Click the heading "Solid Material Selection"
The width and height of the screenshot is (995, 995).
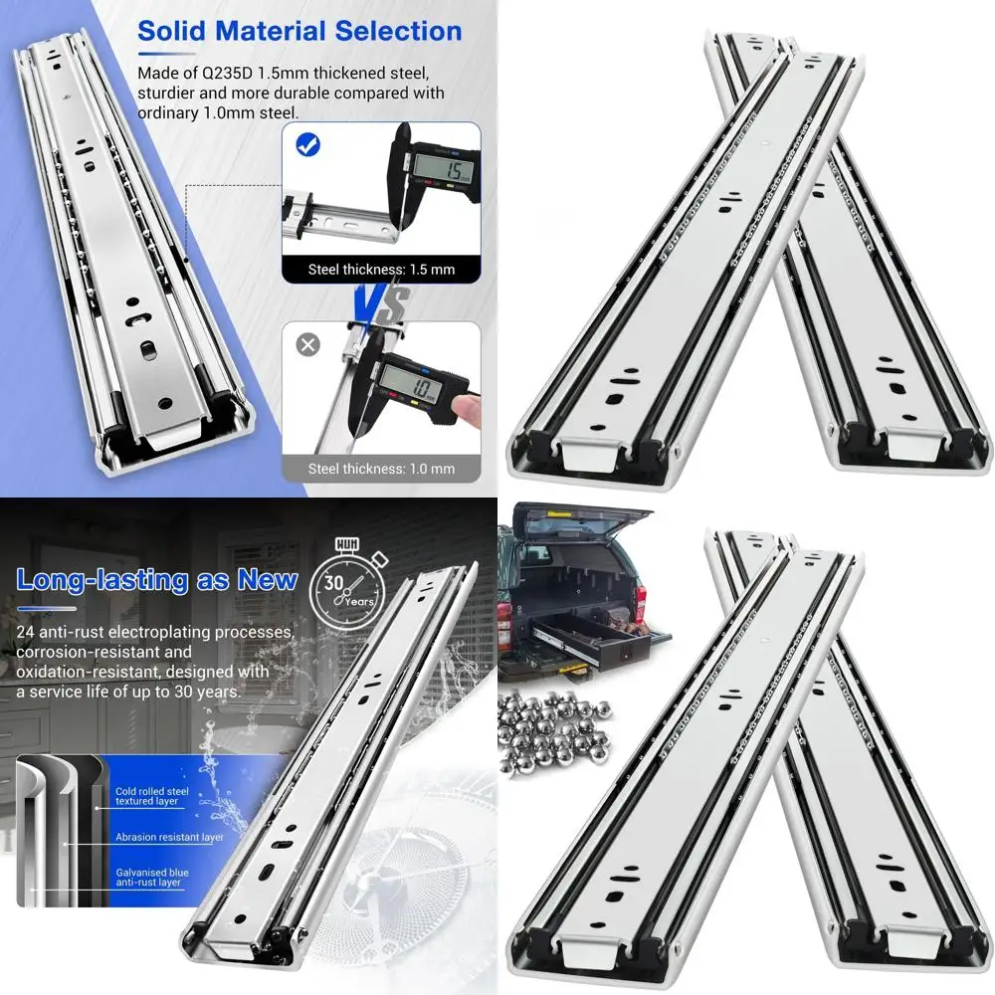[299, 31]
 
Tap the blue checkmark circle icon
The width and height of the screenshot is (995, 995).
[308, 146]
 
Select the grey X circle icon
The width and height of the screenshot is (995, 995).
[308, 345]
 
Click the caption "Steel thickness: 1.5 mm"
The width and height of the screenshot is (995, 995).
[381, 269]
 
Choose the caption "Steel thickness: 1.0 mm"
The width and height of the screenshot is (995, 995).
[381, 468]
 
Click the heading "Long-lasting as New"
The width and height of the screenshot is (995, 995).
[157, 580]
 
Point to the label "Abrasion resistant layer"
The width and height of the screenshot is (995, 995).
[169, 837]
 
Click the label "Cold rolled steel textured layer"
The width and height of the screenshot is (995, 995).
[152, 795]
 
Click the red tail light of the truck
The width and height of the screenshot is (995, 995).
[641, 602]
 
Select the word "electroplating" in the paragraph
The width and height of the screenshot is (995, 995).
[193, 633]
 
